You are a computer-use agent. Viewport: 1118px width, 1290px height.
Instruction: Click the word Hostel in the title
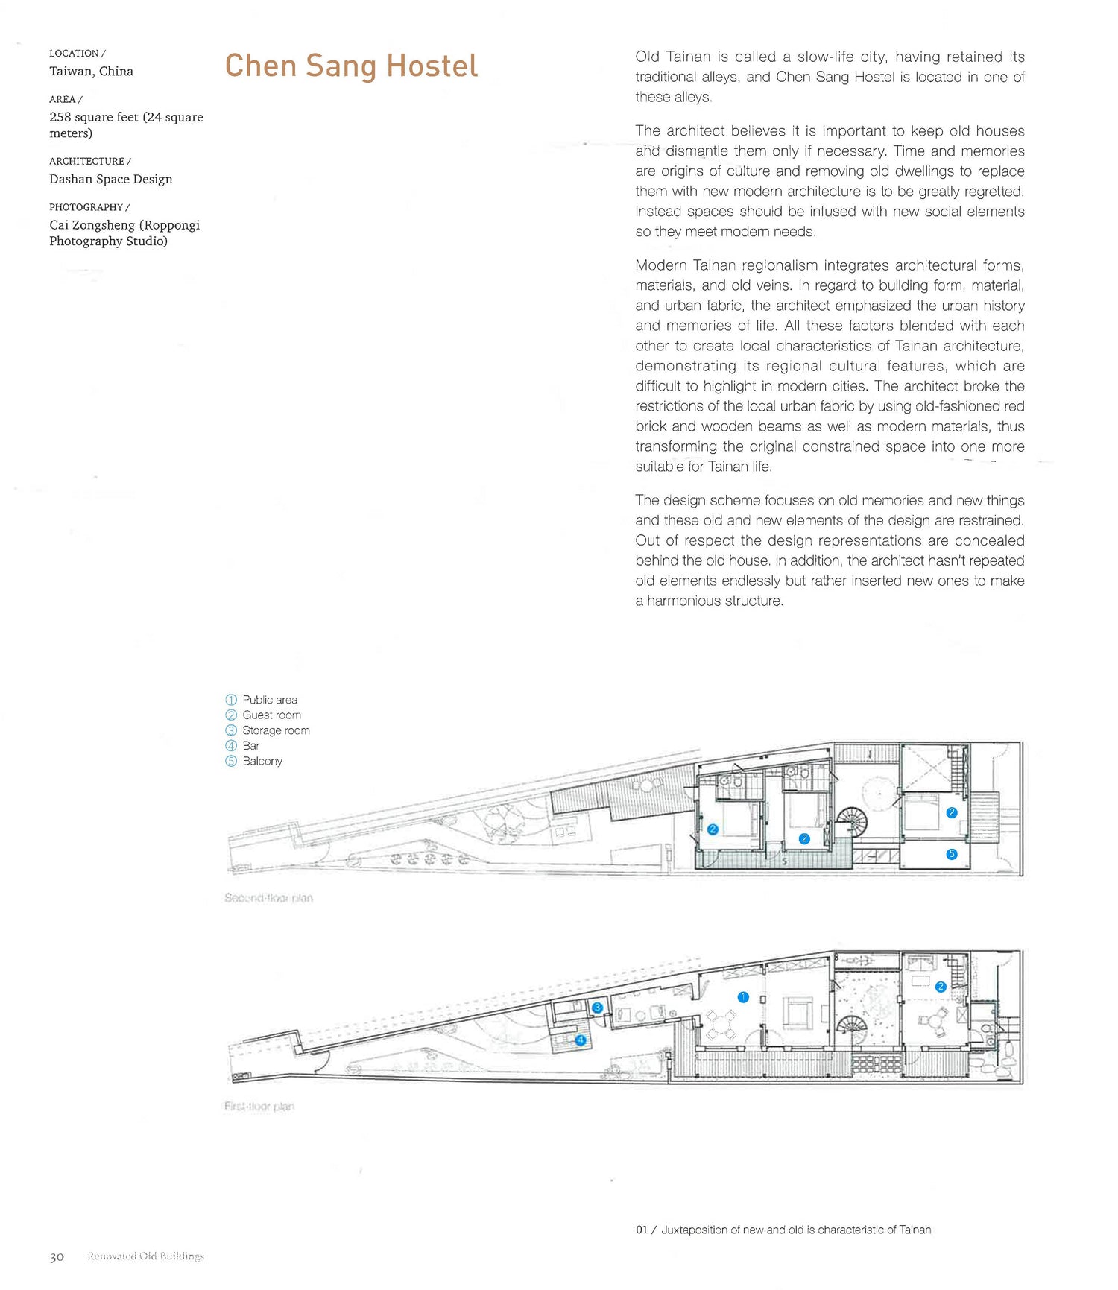tap(432, 66)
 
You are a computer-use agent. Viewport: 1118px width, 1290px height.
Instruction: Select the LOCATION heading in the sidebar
tap(74, 54)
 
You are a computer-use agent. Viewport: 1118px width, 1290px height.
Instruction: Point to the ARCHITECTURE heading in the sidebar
tap(86, 161)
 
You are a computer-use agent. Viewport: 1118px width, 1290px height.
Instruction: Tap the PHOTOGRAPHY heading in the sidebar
tap(86, 207)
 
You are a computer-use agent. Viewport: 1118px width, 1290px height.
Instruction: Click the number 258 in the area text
tap(60, 117)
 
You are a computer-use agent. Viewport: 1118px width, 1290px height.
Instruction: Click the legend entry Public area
tap(269, 700)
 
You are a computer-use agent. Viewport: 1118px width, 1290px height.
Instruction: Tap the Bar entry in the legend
tap(251, 745)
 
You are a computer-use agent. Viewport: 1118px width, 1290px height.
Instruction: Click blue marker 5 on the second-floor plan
tap(951, 854)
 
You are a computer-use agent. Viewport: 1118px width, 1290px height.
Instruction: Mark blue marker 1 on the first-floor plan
tap(742, 997)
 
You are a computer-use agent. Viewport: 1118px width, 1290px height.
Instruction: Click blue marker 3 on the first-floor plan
tap(597, 1008)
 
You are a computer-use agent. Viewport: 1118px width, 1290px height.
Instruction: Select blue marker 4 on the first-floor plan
tap(580, 1040)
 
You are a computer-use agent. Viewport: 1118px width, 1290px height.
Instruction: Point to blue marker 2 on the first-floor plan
tap(941, 987)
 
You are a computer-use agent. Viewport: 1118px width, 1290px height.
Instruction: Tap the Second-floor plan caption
tap(268, 898)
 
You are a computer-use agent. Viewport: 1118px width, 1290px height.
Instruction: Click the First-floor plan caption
tap(259, 1107)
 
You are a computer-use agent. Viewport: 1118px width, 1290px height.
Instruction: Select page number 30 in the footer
tap(57, 1257)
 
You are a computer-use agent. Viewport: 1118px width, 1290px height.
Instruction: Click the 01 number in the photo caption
tap(642, 1230)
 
